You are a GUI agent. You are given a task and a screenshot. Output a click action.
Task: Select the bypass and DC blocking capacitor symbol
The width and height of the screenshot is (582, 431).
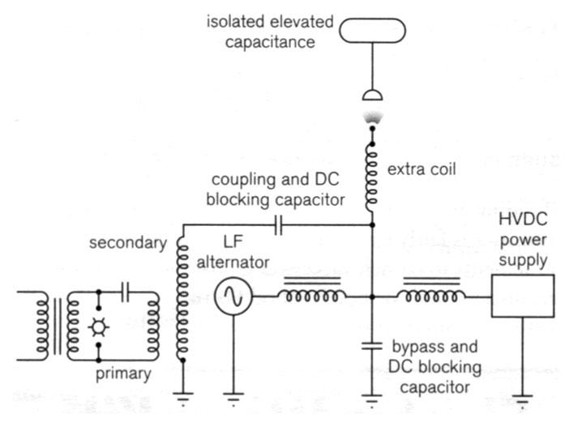click(x=372, y=346)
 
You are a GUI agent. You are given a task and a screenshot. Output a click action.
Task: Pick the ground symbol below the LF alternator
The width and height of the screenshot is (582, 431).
click(x=234, y=397)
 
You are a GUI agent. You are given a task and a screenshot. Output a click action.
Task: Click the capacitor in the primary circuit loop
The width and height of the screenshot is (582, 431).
click(x=124, y=290)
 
